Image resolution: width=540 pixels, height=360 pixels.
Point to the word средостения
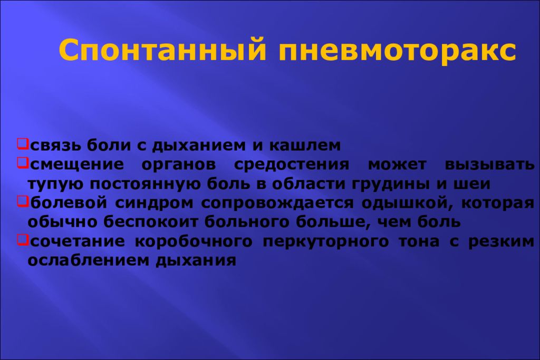tap(292, 164)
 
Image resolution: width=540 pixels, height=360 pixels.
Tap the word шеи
tap(475, 183)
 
